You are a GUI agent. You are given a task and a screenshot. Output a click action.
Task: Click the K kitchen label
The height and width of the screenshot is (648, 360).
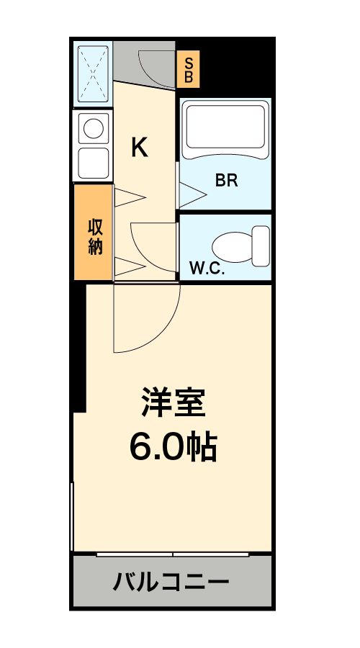click(x=139, y=148)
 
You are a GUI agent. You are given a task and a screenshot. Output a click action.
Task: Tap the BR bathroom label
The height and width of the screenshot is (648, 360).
click(x=226, y=181)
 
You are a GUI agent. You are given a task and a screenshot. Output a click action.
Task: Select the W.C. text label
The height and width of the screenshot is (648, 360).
click(x=207, y=270)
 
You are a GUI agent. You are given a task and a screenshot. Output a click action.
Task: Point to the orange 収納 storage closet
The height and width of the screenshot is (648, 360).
click(x=94, y=233)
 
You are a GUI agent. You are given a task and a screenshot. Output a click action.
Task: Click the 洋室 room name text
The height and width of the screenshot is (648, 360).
click(x=173, y=404)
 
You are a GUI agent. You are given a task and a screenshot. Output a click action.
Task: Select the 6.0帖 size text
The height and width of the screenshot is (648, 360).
click(x=173, y=446)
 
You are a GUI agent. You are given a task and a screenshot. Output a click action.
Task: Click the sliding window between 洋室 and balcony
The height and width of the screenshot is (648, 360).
click(x=173, y=554)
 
